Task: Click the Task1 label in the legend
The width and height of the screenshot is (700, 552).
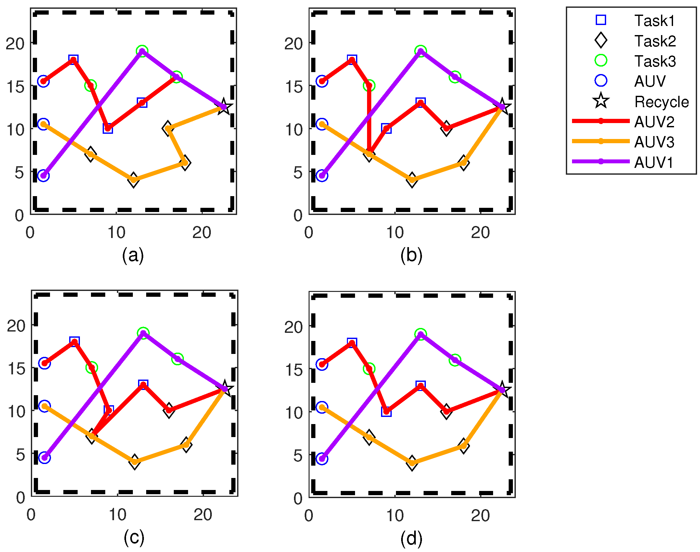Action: (654, 21)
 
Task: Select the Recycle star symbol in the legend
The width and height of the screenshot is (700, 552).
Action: (601, 101)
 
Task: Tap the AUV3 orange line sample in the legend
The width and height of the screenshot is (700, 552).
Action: (601, 141)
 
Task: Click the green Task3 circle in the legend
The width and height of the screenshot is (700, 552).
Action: (601, 61)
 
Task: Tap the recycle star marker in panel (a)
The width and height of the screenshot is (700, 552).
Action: (224, 107)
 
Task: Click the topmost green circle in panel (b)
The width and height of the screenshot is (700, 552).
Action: (421, 51)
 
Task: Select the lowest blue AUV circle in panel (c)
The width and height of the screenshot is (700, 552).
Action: (45, 458)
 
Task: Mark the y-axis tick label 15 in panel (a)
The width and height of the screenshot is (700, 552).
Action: (15, 87)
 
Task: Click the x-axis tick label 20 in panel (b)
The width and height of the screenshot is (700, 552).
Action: (480, 233)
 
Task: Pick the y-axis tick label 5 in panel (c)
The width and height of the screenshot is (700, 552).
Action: (20, 455)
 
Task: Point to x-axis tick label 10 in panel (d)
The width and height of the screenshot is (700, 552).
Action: (395, 515)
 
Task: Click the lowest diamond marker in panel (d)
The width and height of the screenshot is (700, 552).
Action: (412, 463)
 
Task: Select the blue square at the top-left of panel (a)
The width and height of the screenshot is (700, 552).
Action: (73, 60)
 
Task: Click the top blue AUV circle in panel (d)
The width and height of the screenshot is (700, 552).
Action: (322, 364)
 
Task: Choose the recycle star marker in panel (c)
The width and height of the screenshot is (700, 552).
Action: (225, 389)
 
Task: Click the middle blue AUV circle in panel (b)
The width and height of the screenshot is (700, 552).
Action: (322, 124)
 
